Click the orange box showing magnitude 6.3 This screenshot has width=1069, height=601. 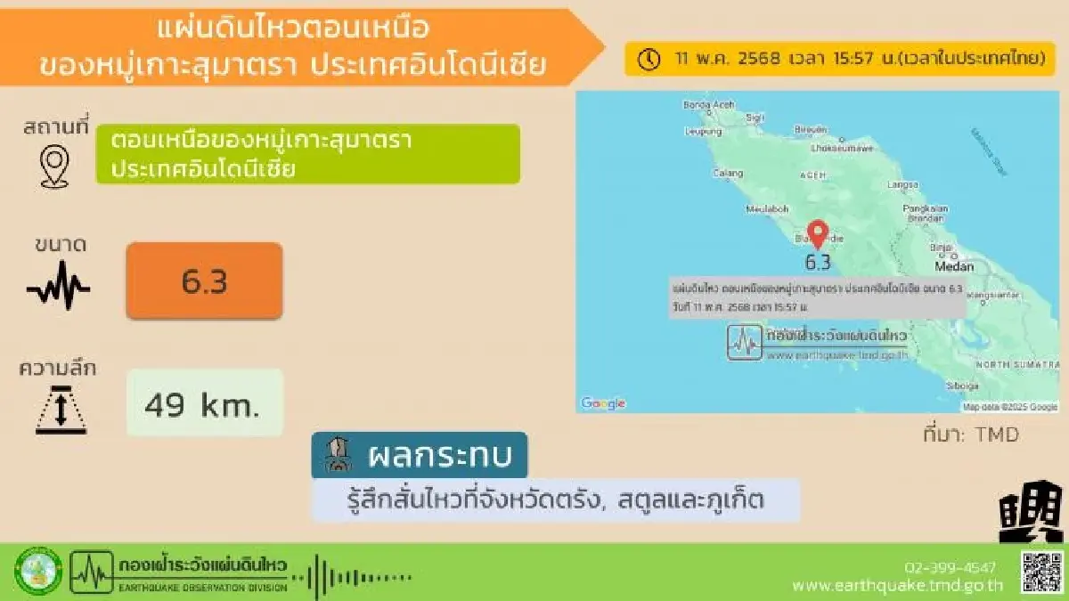pos(204,280)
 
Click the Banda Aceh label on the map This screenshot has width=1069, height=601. pos(708,104)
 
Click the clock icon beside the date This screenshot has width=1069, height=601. pos(649,59)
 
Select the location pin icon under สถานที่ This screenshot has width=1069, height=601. pos(54,167)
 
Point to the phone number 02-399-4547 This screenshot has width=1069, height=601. pos(950,567)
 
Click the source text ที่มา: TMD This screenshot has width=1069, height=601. pos(970,435)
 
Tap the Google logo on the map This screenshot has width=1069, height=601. pos(603,403)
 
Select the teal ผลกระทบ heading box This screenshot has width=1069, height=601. pos(419,456)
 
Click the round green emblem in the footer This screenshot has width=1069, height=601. pos(38,572)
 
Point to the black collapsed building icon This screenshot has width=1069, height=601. pos(1030,512)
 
